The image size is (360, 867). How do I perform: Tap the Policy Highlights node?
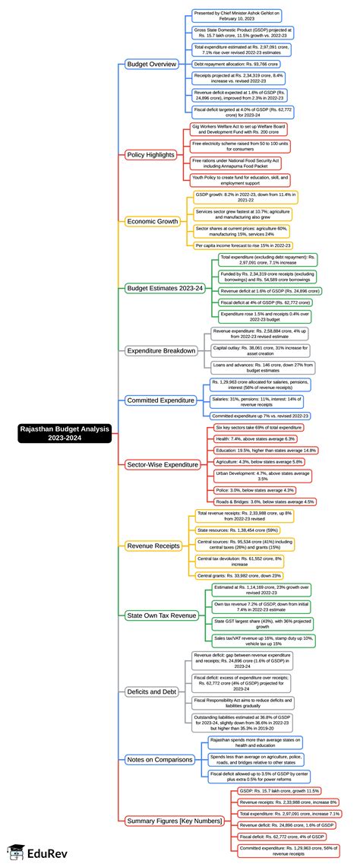click(x=150, y=154)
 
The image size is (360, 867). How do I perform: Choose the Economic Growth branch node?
click(x=151, y=221)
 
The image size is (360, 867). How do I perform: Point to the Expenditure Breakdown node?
click(x=161, y=350)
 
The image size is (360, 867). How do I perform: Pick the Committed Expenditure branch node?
click(x=160, y=400)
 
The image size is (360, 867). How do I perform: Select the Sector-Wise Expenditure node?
click(x=161, y=464)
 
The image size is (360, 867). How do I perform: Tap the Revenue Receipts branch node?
click(x=152, y=545)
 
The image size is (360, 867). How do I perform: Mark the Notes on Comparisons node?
click(x=159, y=759)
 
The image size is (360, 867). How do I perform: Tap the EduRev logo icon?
click(x=16, y=852)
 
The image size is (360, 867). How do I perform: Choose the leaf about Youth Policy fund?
click(x=241, y=181)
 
